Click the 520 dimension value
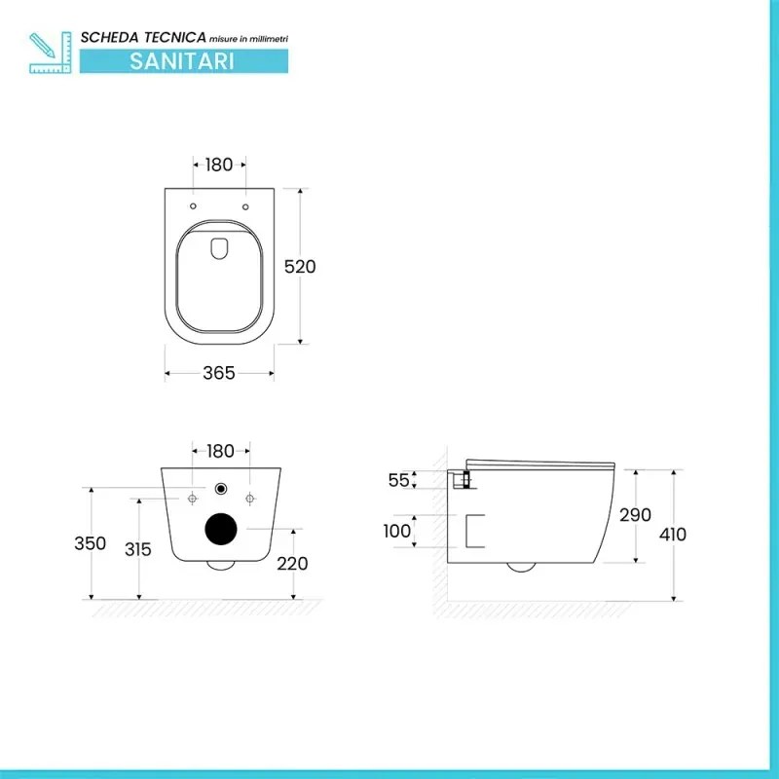tap(301, 266)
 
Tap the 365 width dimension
tap(219, 374)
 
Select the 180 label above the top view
tap(219, 165)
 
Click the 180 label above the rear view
tap(221, 451)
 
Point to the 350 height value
tap(91, 544)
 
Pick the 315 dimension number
tap(138, 549)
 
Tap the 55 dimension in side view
tap(398, 480)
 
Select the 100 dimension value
tap(396, 532)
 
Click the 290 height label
tap(635, 515)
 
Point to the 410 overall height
tap(672, 534)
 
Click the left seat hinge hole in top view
tap(193, 207)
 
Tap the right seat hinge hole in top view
tap(245, 207)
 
